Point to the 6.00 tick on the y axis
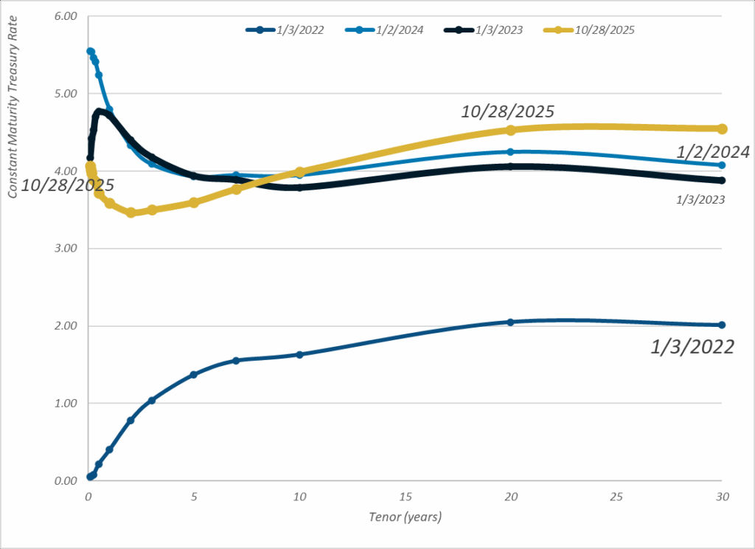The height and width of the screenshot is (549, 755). [66, 16]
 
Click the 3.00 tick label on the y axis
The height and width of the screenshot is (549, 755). [66, 249]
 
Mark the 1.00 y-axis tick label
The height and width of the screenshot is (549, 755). [66, 404]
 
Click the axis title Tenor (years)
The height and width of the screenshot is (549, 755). [405, 517]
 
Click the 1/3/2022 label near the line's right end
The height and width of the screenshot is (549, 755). [692, 347]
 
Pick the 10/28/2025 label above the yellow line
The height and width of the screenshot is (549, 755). [508, 112]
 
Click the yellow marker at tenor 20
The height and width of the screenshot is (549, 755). [510, 130]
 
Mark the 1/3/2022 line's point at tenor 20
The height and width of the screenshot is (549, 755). [510, 322]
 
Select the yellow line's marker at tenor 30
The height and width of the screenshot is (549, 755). [722, 129]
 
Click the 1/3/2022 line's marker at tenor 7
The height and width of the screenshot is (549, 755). [236, 361]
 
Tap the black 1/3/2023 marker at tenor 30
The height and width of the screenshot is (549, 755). [722, 180]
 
